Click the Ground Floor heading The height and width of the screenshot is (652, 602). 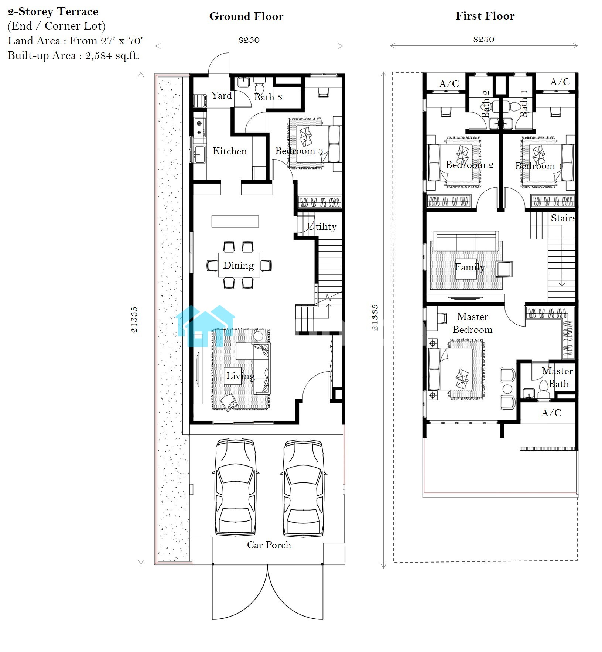(246, 16)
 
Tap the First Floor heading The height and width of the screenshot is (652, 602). (485, 16)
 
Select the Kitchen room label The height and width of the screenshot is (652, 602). (230, 151)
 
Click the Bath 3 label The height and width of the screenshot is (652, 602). (268, 97)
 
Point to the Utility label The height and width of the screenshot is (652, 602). (322, 226)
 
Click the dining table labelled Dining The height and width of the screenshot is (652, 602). (239, 265)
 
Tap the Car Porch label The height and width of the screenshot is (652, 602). (269, 545)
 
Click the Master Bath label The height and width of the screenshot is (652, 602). (558, 377)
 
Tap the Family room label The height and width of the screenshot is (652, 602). (469, 267)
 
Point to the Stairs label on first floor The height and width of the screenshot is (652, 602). (563, 218)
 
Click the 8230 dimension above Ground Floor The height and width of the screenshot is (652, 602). (249, 40)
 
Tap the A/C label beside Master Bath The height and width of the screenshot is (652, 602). (551, 413)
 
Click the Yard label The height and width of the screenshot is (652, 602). (222, 95)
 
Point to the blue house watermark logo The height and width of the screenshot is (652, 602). (205, 326)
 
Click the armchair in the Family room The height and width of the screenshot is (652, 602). (504, 269)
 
